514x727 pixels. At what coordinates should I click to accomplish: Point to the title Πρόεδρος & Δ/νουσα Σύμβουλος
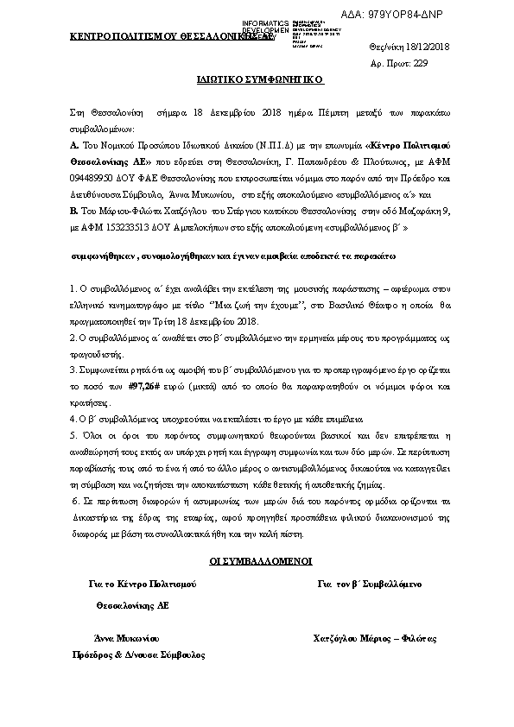[x=139, y=654]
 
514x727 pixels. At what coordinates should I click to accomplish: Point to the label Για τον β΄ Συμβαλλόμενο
[x=370, y=584]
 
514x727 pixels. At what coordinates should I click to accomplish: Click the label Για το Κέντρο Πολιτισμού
[x=143, y=584]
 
